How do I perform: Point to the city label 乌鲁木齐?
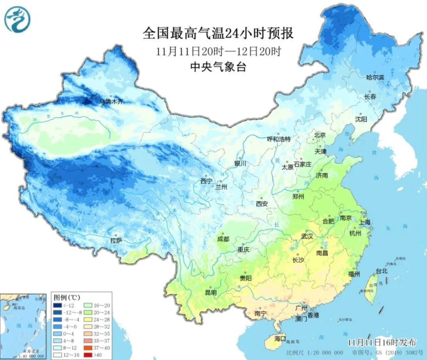tap(111, 102)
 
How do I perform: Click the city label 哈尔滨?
tap(375, 78)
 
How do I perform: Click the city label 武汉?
tap(307, 237)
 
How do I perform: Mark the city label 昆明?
tap(210, 293)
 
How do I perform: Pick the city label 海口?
tap(280, 339)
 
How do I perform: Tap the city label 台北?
tap(381, 271)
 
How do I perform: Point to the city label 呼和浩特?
tap(278, 139)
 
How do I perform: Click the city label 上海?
tap(365, 223)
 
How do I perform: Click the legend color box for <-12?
tap(57, 305)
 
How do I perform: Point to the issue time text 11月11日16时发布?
tap(382, 342)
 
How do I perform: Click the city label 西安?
tap(261, 204)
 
